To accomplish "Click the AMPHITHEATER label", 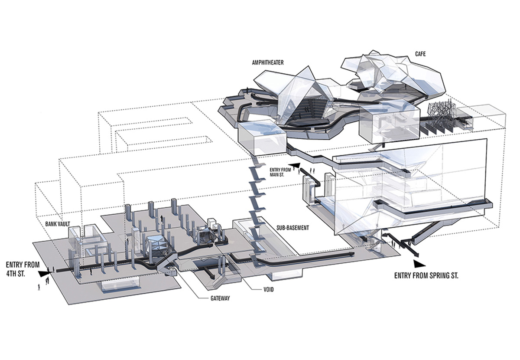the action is tap(268, 63).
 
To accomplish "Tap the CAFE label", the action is tap(420, 54).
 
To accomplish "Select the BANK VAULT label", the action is tap(58, 224).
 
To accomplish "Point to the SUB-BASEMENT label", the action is tap(292, 228).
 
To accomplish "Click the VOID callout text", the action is tap(269, 290).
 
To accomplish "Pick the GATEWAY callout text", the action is tap(220, 298).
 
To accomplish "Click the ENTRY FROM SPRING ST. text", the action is tap(426, 276).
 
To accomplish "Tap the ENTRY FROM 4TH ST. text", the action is tap(23, 269).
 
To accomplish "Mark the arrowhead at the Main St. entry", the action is tap(294, 165).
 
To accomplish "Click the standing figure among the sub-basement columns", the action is tap(162, 219).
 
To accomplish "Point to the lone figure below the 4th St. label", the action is tap(39, 287).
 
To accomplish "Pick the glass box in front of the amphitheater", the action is tap(262, 137).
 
